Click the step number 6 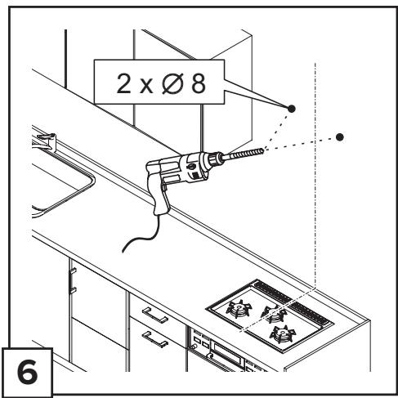(28, 373)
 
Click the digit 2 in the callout (123, 83)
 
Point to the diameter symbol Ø (172, 83)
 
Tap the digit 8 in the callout (199, 83)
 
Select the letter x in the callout (146, 87)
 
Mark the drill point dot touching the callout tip (291, 109)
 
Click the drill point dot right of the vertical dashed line (339, 137)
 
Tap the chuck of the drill (216, 159)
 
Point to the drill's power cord (141, 235)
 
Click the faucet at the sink (46, 141)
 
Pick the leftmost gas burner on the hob (239, 309)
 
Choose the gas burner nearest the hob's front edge (283, 333)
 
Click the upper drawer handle (154, 315)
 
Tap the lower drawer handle (154, 339)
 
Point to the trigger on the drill (164, 186)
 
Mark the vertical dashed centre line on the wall (315, 174)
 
